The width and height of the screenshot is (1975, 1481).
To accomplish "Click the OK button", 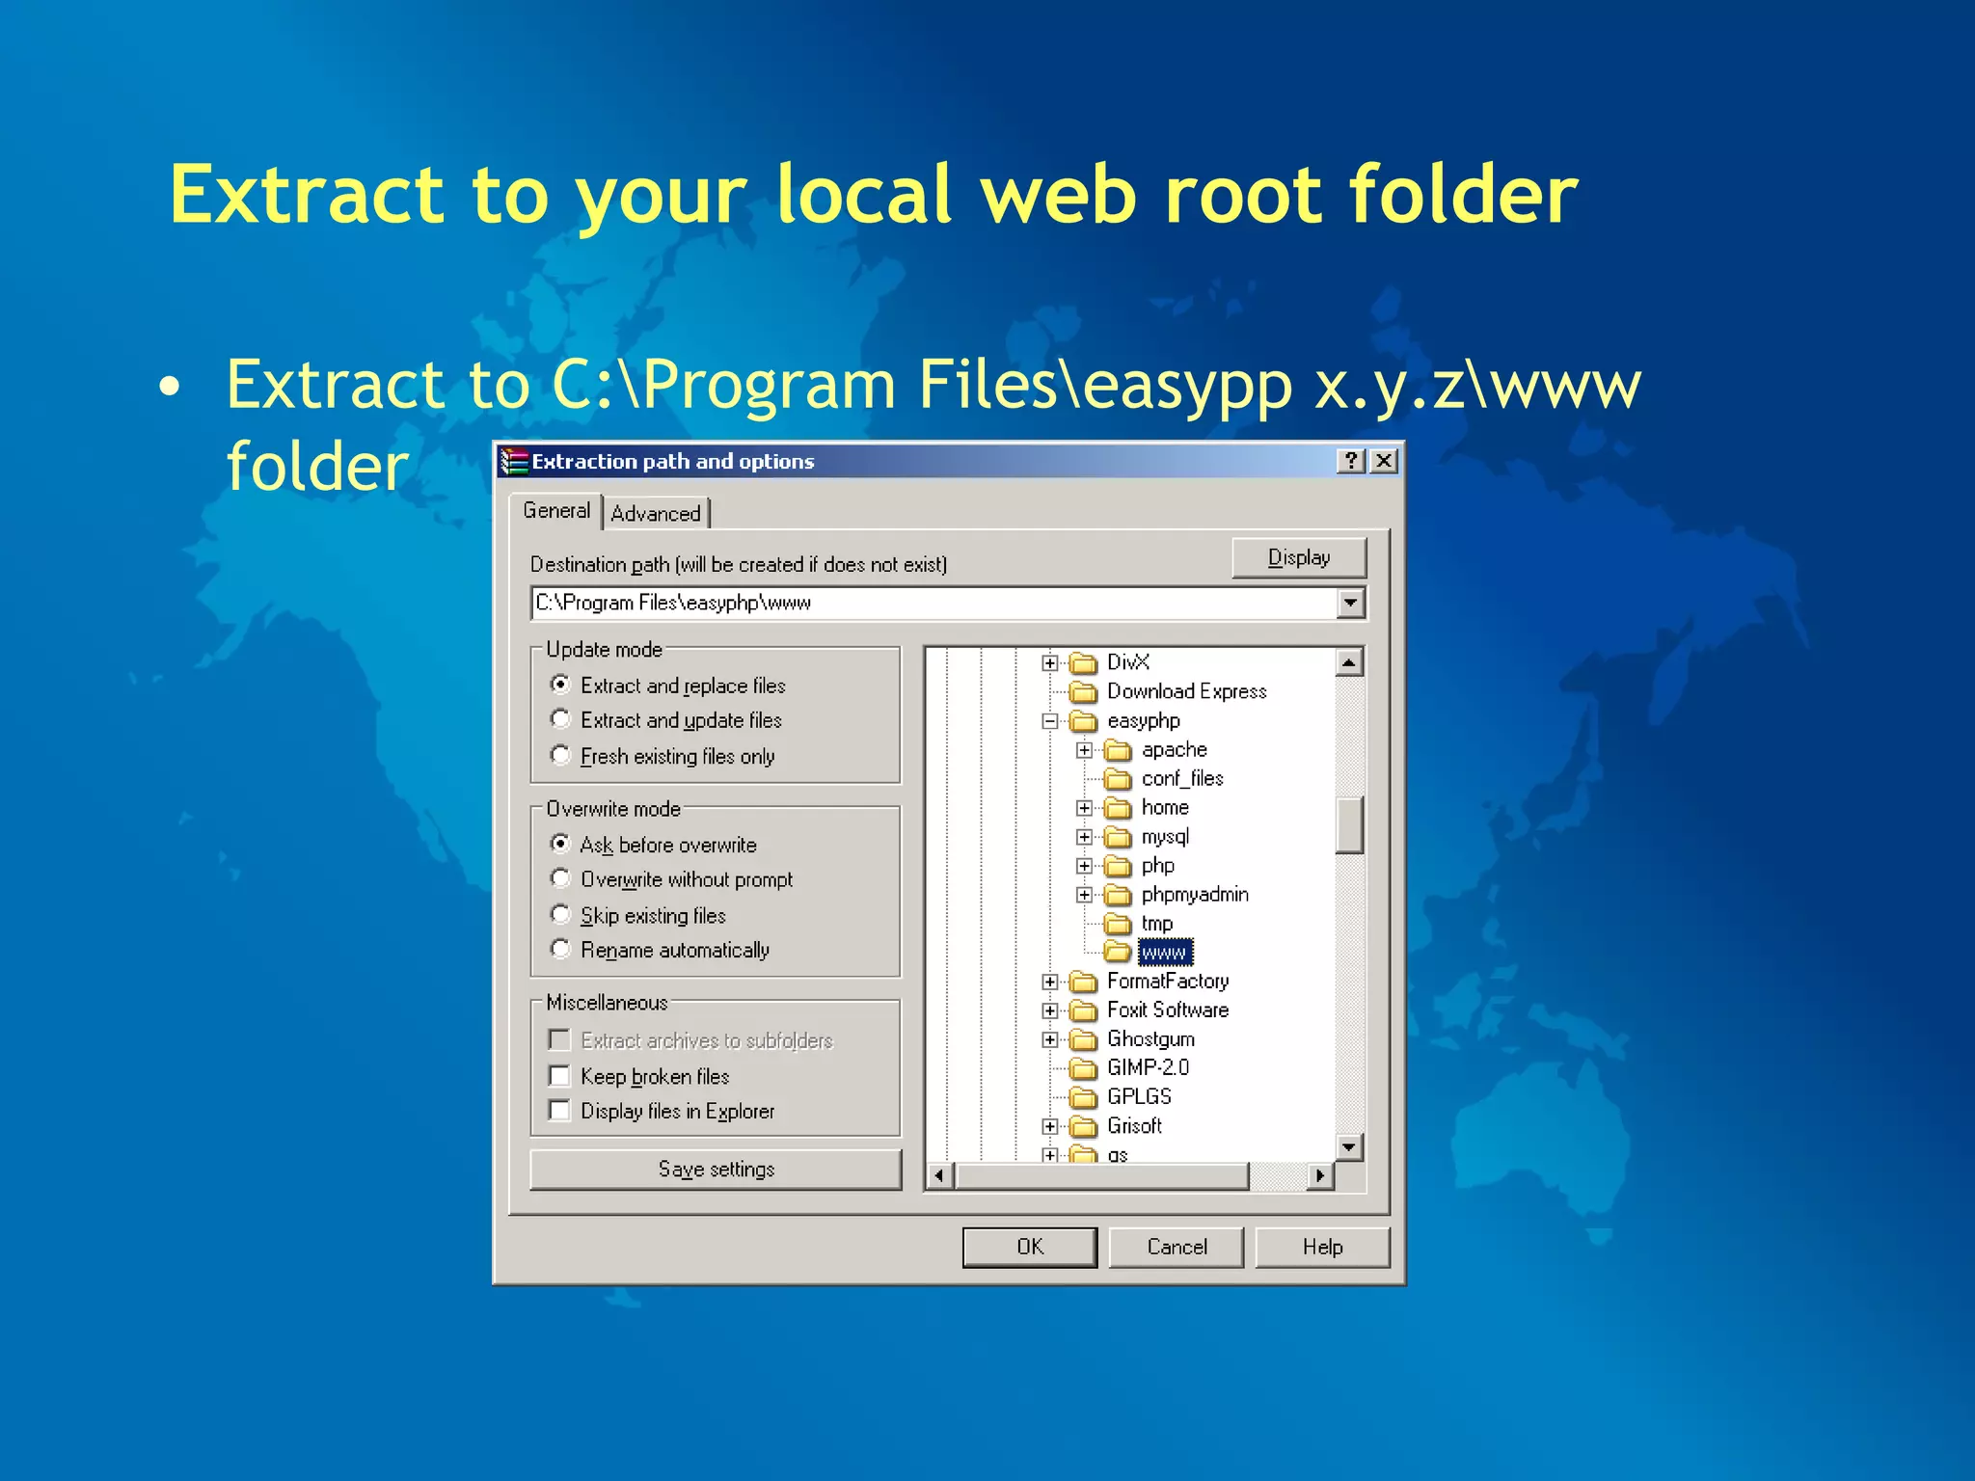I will tap(1029, 1247).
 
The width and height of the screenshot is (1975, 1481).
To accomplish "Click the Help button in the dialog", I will tap(1321, 1247).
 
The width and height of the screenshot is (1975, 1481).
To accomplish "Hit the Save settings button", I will tap(716, 1169).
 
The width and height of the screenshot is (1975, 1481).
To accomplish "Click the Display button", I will tap(1298, 557).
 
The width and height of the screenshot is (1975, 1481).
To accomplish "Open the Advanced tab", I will tap(656, 513).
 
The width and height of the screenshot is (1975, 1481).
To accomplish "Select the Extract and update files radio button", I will tap(560, 719).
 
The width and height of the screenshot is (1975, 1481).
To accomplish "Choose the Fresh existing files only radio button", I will tap(560, 755).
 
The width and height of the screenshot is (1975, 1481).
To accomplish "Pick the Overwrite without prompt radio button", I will tap(560, 878).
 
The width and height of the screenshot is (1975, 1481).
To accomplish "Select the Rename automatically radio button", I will tap(560, 949).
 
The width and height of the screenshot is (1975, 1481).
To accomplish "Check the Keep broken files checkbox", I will tap(559, 1075).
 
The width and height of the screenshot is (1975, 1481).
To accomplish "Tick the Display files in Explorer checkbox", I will tap(559, 1110).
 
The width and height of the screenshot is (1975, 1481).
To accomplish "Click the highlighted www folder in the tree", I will tap(1164, 953).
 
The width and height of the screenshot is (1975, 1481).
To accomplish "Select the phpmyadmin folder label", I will tap(1194, 895).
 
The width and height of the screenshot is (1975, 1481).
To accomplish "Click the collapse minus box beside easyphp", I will tap(1050, 721).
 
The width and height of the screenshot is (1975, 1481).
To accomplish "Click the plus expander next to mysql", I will tap(1085, 837).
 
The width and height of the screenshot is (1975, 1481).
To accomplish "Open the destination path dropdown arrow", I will tap(1350, 604).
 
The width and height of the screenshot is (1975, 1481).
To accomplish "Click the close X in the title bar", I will tap(1384, 461).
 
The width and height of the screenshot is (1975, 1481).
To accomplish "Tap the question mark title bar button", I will tap(1350, 461).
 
